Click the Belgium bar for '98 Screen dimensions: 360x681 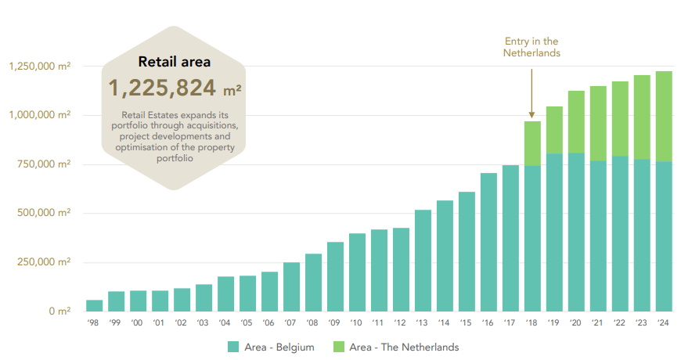94,305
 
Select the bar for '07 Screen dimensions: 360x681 291,286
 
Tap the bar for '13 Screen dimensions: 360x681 423,261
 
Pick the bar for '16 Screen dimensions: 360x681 488,242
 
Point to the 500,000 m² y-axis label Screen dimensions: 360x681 44,213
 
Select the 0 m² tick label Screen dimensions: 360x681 58,311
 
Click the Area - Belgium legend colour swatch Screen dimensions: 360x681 233,347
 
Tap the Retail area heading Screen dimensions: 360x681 174,61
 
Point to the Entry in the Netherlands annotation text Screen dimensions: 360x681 531,47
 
